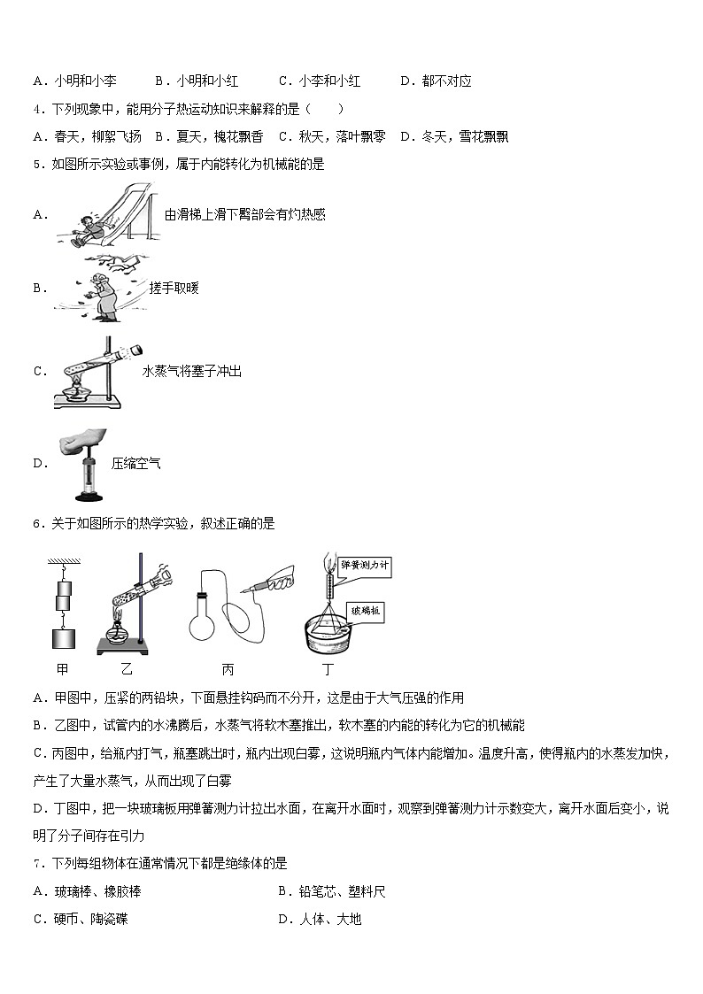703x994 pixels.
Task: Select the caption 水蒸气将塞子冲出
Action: pyautogui.click(x=191, y=372)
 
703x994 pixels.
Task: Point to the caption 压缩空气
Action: pyautogui.click(x=135, y=463)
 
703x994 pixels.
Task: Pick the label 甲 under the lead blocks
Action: pyautogui.click(x=61, y=670)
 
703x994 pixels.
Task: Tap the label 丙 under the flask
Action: pyautogui.click(x=227, y=670)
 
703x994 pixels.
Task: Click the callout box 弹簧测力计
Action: pyautogui.click(x=365, y=566)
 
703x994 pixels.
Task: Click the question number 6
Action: pyautogui.click(x=35, y=524)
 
